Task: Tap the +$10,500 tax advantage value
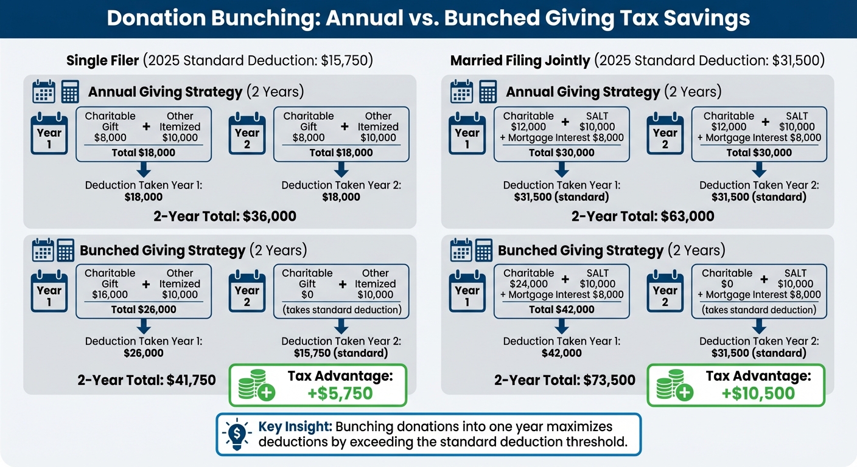758,393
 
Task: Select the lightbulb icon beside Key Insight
235,434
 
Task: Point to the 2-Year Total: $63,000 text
643,216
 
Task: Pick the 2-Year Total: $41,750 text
147,381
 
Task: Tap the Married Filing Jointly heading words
520,60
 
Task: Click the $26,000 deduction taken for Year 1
144,353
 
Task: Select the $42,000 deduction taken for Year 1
561,353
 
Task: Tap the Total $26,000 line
144,310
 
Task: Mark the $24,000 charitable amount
528,284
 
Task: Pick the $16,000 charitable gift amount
110,295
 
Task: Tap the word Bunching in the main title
256,19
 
